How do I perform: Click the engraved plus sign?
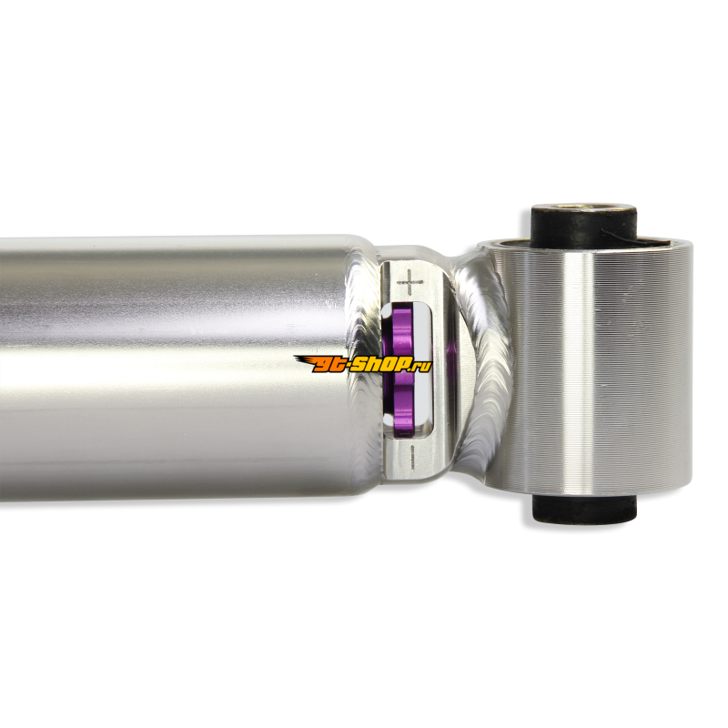coord(409,282)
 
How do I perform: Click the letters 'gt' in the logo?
coord(329,366)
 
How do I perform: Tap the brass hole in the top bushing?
coord(583,207)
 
